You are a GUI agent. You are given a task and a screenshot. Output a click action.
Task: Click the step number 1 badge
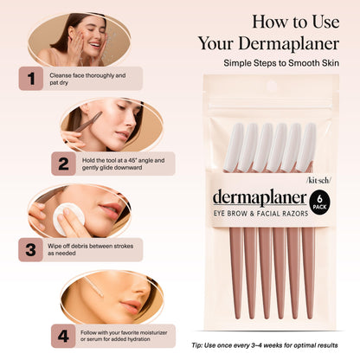[x=32, y=80]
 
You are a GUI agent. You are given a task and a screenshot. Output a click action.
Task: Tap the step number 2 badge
[x=63, y=164]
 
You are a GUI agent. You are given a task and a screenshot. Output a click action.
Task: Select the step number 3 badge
[x=32, y=250]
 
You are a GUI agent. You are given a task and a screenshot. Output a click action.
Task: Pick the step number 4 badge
[x=63, y=333]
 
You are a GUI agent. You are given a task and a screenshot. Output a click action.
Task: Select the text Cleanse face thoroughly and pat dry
[x=87, y=80]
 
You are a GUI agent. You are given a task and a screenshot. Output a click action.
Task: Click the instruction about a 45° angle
[x=121, y=164]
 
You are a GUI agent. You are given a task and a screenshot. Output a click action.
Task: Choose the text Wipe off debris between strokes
[x=87, y=249]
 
